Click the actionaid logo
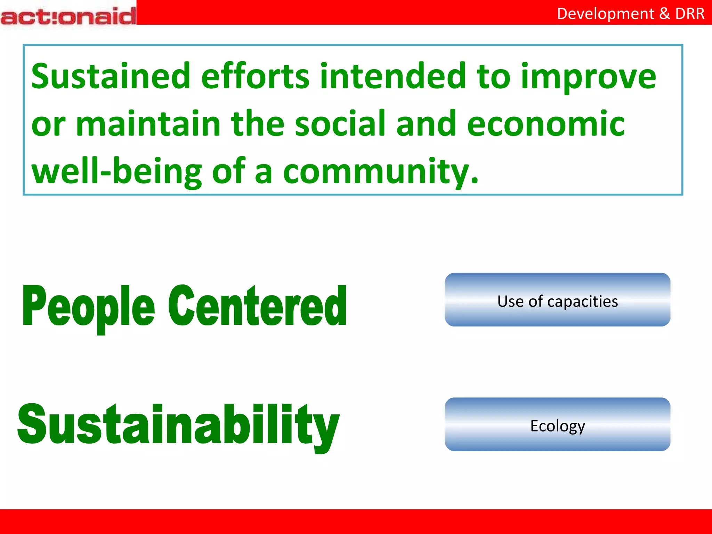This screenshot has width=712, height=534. (68, 16)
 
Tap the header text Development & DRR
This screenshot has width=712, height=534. (630, 14)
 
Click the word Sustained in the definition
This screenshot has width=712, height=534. (111, 76)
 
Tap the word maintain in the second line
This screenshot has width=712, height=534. (148, 123)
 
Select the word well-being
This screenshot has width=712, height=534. (117, 171)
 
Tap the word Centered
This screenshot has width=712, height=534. (257, 306)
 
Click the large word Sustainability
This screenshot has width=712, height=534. (178, 425)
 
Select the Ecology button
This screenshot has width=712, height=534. (557, 424)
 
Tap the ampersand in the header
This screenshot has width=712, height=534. (664, 14)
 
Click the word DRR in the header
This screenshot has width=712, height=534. (690, 14)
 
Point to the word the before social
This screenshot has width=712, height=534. (258, 123)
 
